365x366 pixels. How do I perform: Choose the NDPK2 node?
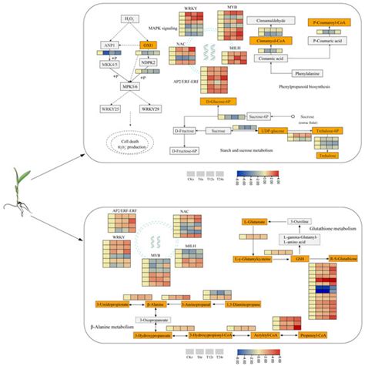[x=149, y=62]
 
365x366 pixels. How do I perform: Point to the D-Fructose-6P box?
[x=188, y=151]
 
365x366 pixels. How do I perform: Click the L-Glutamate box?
[x=255, y=221]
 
